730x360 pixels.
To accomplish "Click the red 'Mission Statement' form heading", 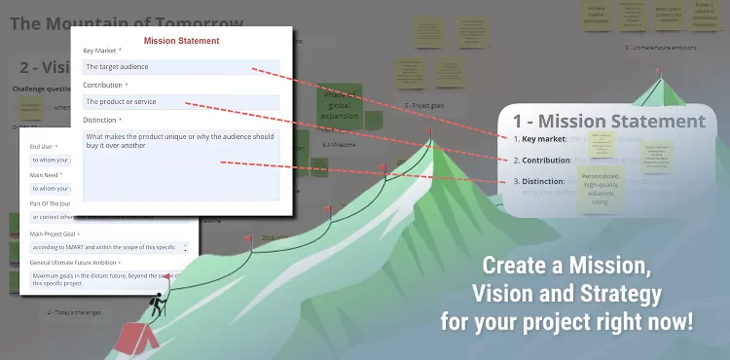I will [181, 41].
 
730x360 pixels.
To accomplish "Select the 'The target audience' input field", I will [181, 67].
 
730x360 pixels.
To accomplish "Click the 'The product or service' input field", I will [181, 101].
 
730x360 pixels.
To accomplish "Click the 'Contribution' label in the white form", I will [104, 86].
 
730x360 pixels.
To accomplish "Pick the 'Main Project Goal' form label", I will [56, 234].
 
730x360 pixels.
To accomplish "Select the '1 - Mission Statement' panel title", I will [608, 122].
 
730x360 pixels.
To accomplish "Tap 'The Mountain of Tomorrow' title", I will [127, 22].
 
